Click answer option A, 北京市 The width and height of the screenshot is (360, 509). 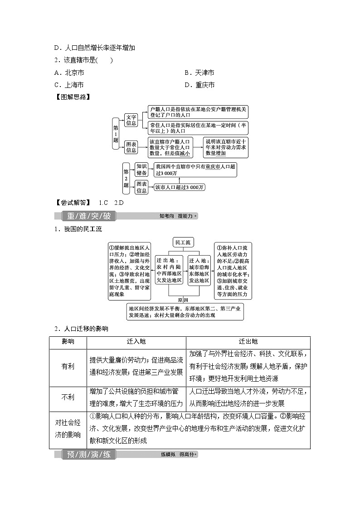tap(68, 73)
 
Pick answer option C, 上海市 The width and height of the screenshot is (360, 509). tap(68, 85)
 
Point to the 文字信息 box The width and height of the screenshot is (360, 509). tap(131, 120)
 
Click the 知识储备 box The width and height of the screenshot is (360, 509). tap(141, 170)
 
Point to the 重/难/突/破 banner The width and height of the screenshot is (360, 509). tap(89, 216)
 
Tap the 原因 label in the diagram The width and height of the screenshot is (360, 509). tap(183, 300)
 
